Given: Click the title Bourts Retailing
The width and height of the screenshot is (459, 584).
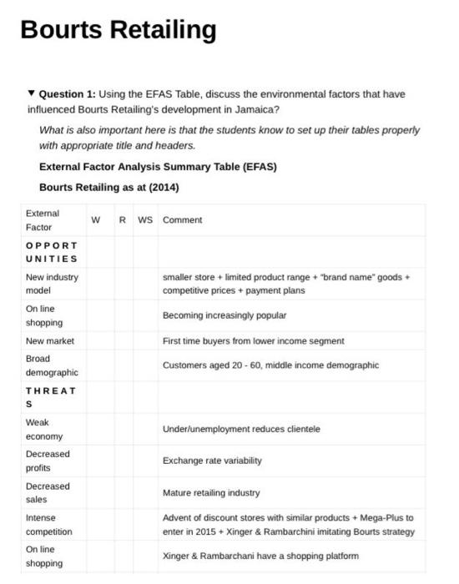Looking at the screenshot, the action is pos(118,30).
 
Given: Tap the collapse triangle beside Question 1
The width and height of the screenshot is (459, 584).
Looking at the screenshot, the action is pos(32,93).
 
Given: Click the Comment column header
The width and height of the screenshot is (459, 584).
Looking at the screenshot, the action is pos(183,220).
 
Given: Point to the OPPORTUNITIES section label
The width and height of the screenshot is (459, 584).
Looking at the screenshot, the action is pos(52,253).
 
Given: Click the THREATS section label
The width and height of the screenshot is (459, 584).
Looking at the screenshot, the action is pos(51,397).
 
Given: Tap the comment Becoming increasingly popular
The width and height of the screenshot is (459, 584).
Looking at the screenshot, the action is pos(224,316).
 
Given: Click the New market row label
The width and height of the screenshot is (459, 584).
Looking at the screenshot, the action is pos(50,341).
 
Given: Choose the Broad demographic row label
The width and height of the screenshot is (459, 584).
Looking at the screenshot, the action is pos(52,365).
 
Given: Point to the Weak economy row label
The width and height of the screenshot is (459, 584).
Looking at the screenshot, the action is pos(44,430).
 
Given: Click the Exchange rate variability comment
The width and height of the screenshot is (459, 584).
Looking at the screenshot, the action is pos(212,461).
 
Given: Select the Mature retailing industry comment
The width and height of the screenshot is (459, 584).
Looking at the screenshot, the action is pos(211,493).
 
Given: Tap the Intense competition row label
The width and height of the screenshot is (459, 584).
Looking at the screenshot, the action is pos(49,525).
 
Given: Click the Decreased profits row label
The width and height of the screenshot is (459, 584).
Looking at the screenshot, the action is pos(48,461).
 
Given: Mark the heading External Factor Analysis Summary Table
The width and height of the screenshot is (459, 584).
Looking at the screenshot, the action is pos(158,167).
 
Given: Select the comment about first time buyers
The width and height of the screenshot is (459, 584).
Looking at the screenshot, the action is pos(253,341).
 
